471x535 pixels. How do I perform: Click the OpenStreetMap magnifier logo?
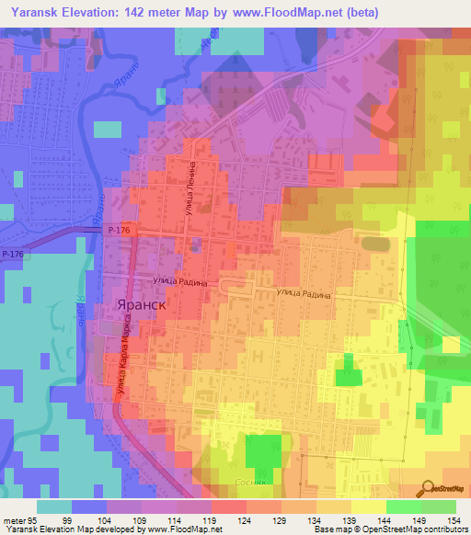coord(430,487)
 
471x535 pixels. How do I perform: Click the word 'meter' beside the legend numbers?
coord(13,518)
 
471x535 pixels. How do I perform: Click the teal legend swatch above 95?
coord(54,506)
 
